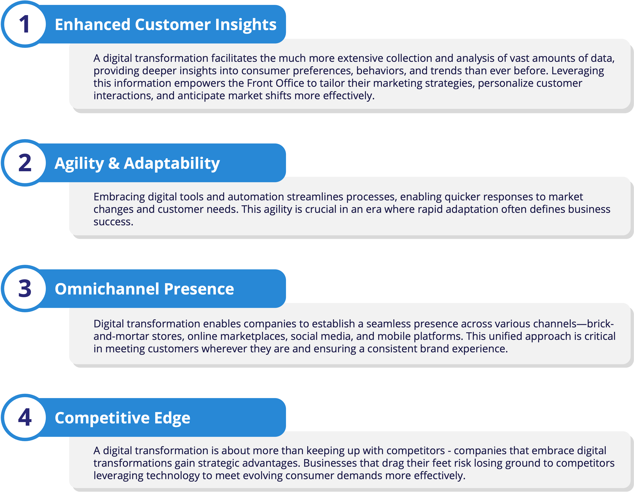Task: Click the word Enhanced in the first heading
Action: (x=92, y=24)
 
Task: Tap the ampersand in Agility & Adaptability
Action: (x=114, y=163)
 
